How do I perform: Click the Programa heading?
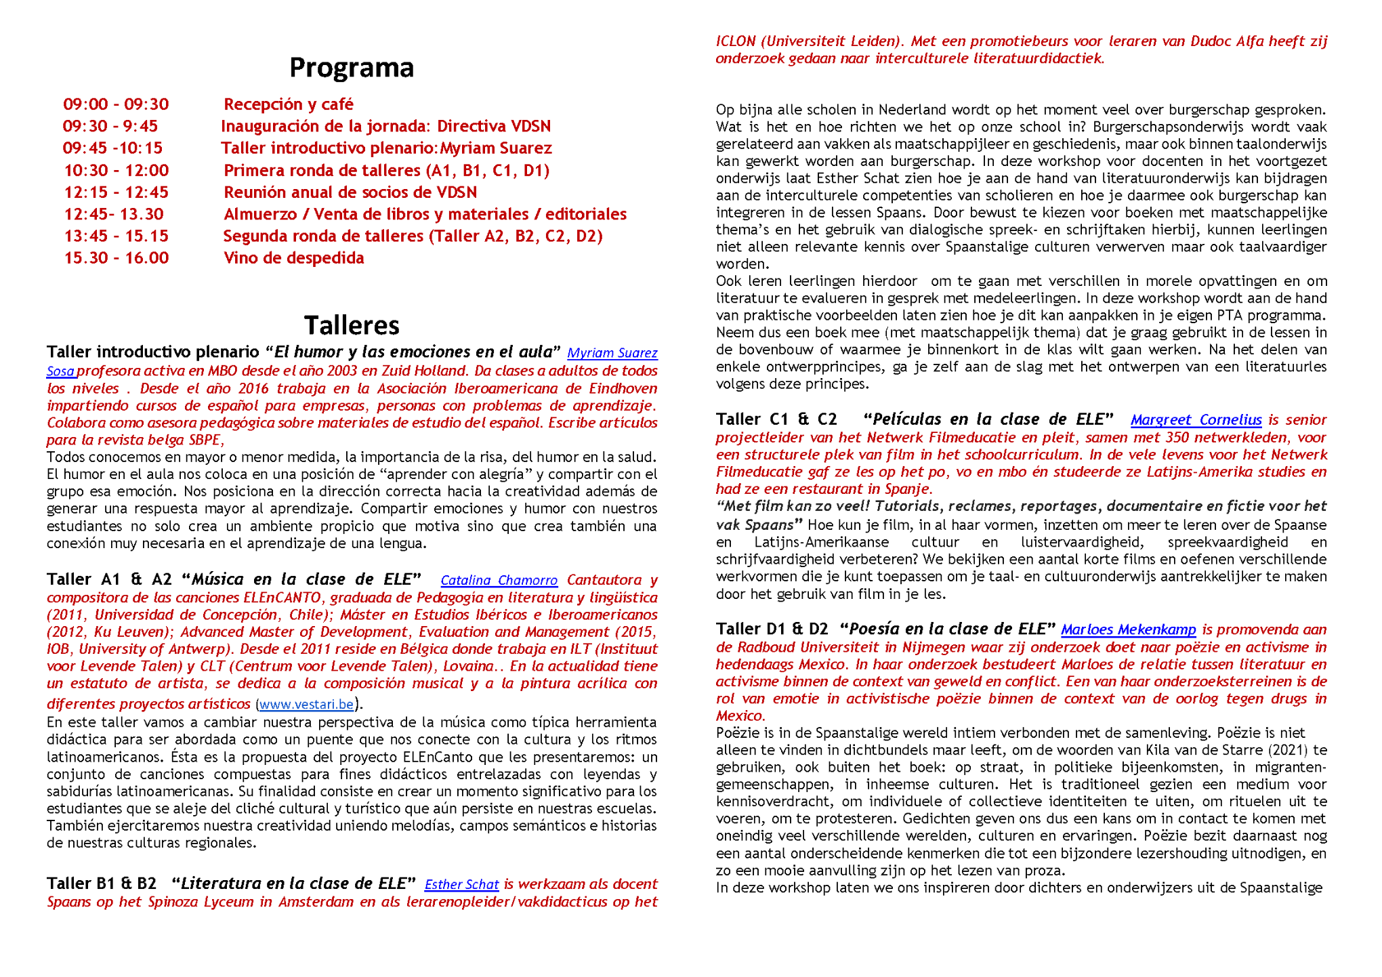351,68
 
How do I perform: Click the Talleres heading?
351,325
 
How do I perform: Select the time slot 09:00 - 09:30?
116,104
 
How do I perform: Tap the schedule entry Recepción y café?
289,104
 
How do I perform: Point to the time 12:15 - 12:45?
116,192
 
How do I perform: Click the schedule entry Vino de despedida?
293,258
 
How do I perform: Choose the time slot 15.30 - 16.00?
116,258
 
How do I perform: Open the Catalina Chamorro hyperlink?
499,581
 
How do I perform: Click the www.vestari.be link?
306,705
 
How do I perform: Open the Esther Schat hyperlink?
461,885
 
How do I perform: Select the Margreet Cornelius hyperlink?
1196,420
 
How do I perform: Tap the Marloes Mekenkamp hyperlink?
1128,630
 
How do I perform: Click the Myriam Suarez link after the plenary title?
612,353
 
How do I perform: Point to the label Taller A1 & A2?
109,580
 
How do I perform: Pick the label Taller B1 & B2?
102,884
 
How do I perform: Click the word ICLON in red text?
735,41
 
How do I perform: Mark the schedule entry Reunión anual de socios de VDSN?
350,192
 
